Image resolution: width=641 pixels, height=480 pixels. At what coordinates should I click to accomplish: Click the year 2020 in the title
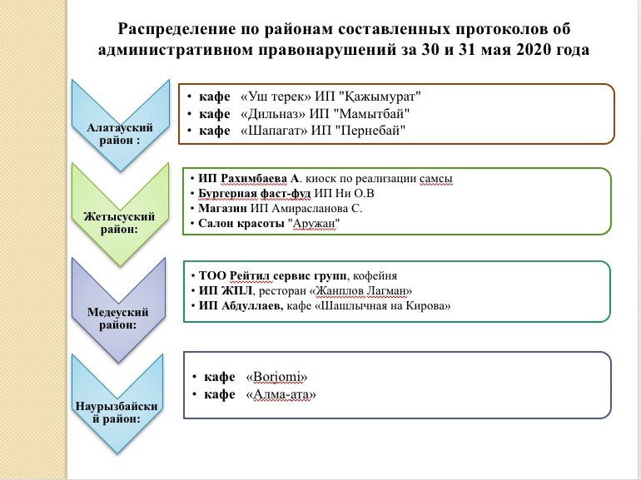[x=534, y=50]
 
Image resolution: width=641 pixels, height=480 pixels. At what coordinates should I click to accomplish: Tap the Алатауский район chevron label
[x=120, y=134]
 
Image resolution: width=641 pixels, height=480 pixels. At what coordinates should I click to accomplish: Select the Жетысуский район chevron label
[x=119, y=223]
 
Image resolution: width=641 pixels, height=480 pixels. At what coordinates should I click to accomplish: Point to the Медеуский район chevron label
[x=117, y=319]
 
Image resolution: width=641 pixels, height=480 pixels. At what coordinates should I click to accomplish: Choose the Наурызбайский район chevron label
[x=117, y=413]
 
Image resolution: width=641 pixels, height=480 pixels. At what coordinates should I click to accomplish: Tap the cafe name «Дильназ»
[x=273, y=114]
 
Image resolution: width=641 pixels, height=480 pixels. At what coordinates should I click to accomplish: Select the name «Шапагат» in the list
[x=275, y=131]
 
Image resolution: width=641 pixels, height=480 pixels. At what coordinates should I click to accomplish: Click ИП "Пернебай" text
[x=359, y=131]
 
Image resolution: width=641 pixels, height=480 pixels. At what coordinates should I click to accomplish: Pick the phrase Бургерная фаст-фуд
[x=254, y=193]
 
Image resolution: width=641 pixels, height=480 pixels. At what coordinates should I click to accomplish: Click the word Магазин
[x=223, y=208]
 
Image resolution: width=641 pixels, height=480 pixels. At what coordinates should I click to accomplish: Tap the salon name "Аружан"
[x=314, y=224]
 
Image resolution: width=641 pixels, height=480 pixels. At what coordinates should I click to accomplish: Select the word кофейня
[x=375, y=275]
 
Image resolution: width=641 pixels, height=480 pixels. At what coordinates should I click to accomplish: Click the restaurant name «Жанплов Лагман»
[x=361, y=291]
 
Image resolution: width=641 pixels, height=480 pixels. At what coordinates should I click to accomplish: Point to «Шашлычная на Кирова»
[x=382, y=306]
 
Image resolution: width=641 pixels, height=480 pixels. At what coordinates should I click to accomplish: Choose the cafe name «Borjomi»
[x=276, y=377]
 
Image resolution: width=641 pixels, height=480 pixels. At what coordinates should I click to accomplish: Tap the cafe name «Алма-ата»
[x=281, y=394]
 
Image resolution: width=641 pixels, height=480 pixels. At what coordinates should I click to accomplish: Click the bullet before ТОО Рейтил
[x=193, y=275]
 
